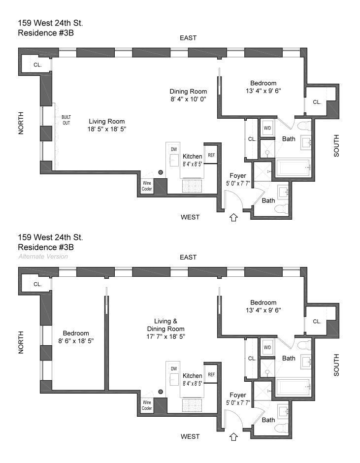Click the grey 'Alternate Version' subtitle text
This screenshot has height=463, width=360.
(43, 257)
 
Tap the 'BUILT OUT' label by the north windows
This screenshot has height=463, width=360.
(66, 120)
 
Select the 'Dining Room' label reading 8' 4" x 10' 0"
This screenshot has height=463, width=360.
(188, 95)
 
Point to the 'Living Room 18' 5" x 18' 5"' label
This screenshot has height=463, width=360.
(107, 125)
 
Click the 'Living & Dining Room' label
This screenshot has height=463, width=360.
(161, 325)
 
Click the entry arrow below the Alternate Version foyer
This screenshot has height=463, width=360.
(234, 435)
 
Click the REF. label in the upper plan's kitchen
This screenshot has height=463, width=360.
(212, 155)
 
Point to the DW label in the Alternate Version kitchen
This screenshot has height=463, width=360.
(173, 369)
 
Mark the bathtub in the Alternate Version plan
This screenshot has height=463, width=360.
(294, 387)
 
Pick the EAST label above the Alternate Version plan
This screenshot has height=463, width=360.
(188, 257)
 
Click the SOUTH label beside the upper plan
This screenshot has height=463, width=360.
(337, 146)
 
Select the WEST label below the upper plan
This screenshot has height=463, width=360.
(190, 217)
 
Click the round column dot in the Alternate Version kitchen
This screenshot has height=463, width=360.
(161, 392)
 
